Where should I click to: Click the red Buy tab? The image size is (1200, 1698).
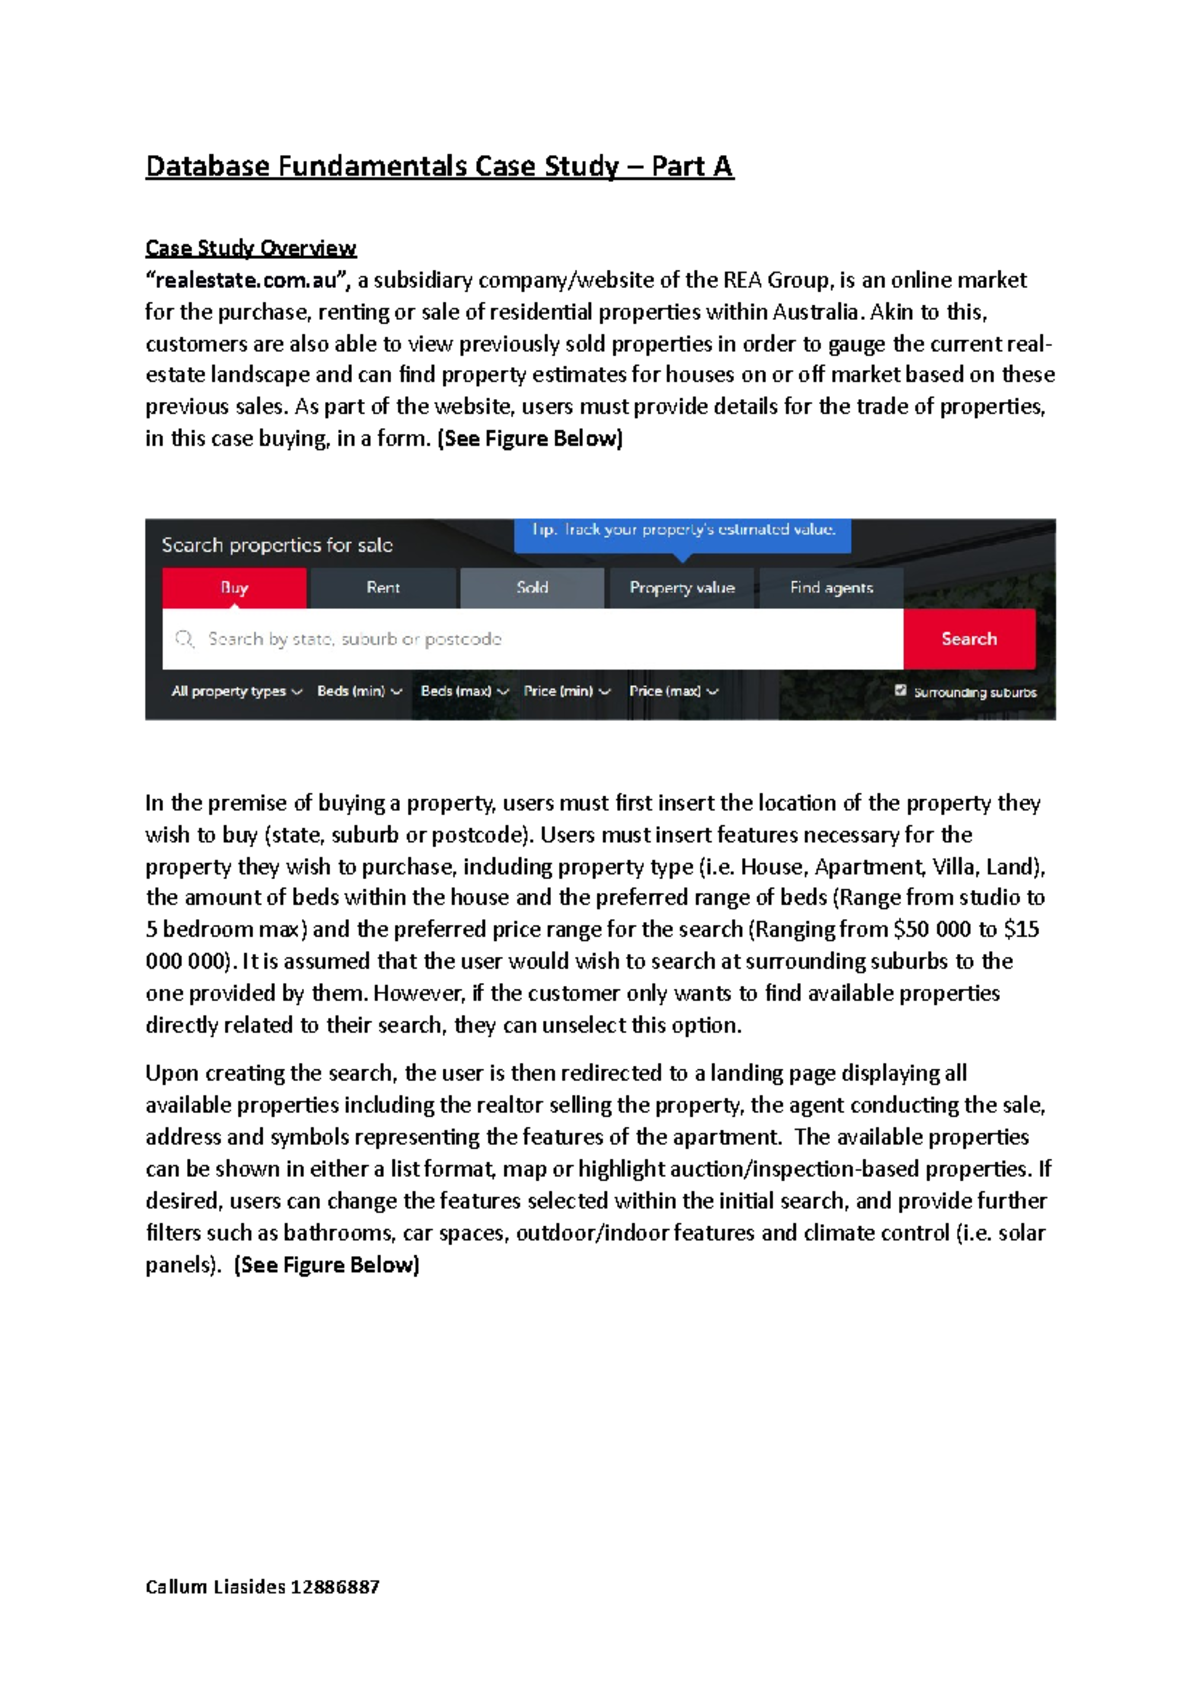[x=234, y=588]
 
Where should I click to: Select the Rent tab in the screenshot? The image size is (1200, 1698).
[x=383, y=588]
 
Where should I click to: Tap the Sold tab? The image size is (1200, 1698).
[x=532, y=588]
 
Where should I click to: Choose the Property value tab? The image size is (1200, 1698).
[x=682, y=588]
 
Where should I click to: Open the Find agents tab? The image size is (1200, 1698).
[x=831, y=588]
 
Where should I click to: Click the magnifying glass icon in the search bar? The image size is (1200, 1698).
[x=185, y=639]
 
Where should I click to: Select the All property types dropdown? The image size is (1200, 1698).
[x=236, y=691]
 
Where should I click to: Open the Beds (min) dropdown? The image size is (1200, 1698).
[x=359, y=691]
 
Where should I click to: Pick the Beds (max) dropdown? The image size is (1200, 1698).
[x=464, y=691]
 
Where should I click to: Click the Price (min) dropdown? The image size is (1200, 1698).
[x=566, y=691]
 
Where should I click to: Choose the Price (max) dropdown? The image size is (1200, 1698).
[x=673, y=691]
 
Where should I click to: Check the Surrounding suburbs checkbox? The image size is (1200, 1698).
[x=901, y=690]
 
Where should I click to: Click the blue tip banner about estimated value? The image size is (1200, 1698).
[x=682, y=531]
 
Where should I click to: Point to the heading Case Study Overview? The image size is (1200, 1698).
[x=250, y=248]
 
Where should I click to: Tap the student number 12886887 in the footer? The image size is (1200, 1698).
[x=335, y=1586]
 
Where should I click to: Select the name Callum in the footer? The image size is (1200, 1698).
[x=176, y=1586]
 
